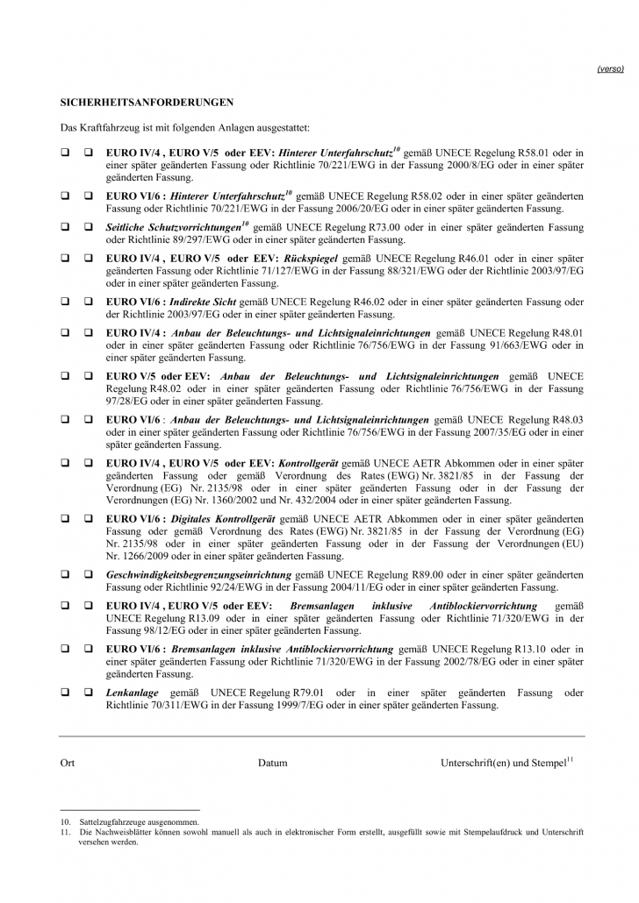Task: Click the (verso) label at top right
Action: point(610,68)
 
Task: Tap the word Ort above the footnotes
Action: point(68,763)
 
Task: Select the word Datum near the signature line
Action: point(272,763)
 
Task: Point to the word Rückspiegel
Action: point(309,260)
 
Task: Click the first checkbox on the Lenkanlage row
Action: point(65,693)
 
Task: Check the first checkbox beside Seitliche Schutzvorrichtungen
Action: point(65,227)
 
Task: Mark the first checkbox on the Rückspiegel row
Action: point(65,260)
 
